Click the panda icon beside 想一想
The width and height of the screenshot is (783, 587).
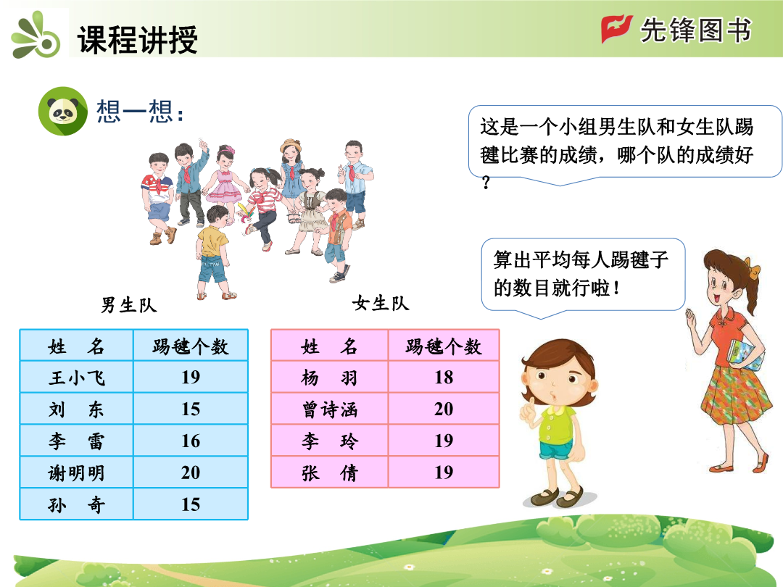click(63, 111)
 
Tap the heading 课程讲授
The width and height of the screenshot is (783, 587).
click(138, 39)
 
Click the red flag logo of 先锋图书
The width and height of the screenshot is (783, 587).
click(616, 28)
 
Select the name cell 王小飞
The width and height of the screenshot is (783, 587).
click(76, 377)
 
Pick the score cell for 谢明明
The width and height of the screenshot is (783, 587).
click(191, 472)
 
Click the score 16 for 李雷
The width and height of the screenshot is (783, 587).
click(191, 441)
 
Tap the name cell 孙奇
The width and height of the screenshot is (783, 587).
click(76, 504)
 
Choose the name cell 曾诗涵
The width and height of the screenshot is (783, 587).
click(330, 409)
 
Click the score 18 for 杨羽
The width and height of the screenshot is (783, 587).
click(444, 378)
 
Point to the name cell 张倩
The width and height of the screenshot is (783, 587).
click(330, 472)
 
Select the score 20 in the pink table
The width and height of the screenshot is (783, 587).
click(444, 409)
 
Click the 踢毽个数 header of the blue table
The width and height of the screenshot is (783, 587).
click(191, 346)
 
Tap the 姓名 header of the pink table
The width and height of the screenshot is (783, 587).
click(330, 346)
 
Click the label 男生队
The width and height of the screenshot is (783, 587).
click(129, 305)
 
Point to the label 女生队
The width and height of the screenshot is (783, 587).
click(381, 303)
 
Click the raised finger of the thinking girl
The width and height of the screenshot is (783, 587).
click(530, 405)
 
